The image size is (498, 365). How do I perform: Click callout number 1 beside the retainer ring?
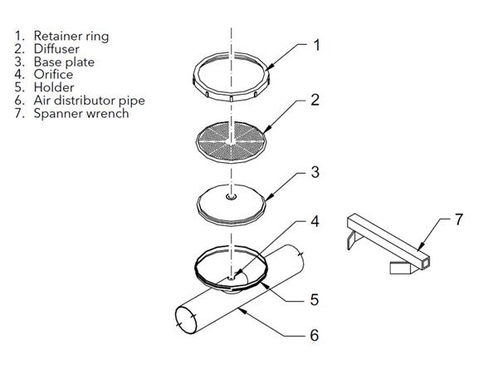point(316,45)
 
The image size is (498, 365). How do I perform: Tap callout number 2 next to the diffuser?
point(315,100)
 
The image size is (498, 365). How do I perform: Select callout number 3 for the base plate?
point(315,172)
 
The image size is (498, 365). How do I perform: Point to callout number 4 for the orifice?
point(315,221)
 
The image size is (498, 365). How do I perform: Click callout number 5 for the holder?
point(314,299)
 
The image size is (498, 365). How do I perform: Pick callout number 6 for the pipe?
point(314,335)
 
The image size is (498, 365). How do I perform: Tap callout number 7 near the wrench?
point(459,219)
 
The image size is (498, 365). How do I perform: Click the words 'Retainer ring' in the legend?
point(71,37)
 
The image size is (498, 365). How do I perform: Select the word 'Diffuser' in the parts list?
point(56,49)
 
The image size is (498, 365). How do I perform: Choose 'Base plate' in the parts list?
point(64,62)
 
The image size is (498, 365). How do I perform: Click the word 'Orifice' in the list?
point(53,75)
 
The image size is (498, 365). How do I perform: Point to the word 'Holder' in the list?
point(54,87)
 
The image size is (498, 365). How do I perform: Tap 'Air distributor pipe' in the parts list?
point(90,101)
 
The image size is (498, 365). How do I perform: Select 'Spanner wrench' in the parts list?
point(81,114)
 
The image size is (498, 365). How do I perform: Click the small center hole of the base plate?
point(232,197)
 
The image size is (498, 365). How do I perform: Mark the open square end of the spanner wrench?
point(425,263)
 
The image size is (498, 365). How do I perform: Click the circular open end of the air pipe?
point(186,320)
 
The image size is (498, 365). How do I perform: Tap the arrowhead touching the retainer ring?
point(268,68)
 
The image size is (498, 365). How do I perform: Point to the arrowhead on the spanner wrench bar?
point(420,247)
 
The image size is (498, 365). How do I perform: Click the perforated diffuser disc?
point(231,141)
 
